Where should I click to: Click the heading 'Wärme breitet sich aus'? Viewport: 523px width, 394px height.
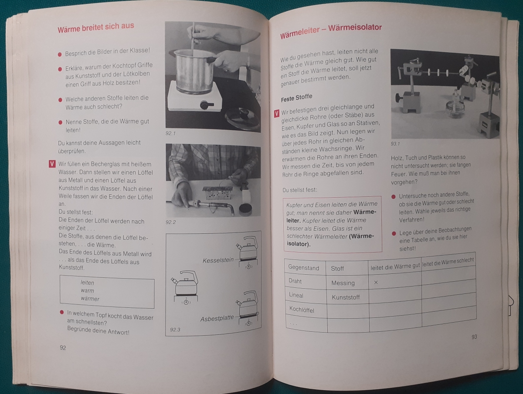pos(96,27)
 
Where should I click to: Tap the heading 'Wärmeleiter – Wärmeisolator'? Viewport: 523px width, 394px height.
pos(331,31)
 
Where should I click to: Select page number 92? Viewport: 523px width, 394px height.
pos(63,347)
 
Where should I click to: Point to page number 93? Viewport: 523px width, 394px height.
pos(474,337)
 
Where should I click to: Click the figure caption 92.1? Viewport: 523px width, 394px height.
pos(170,134)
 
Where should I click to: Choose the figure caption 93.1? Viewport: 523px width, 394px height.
pos(395,144)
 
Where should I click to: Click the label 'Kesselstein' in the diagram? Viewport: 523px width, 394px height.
pos(218,260)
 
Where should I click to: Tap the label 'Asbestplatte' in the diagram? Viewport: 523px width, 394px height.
pos(217,319)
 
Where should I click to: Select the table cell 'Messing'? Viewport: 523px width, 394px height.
pos(343,283)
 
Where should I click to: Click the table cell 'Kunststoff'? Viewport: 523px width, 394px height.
pos(346,297)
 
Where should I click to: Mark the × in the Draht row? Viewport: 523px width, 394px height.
pos(376,283)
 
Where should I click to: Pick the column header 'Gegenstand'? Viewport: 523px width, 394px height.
pos(303,268)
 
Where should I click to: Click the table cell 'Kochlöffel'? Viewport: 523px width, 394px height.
pos(302,310)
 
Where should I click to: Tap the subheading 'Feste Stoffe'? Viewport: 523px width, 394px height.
pos(296,98)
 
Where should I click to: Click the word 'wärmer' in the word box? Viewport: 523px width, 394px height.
pos(90,298)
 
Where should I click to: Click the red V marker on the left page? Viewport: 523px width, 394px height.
pos(52,164)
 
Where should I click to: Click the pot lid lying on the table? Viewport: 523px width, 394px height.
pos(243,118)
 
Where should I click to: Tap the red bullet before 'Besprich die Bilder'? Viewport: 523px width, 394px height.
pos(60,54)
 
